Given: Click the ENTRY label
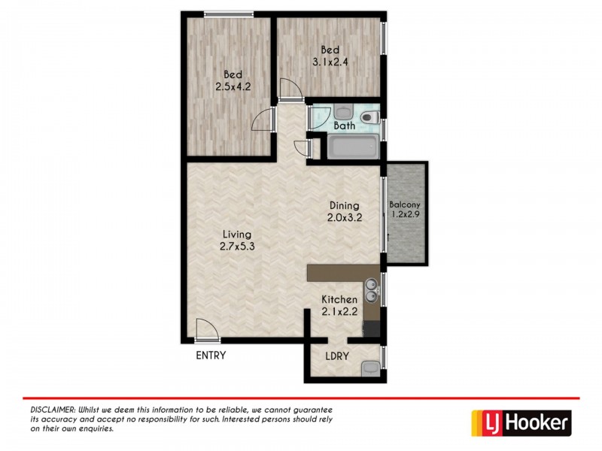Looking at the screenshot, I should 210,356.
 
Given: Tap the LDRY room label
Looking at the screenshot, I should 337,356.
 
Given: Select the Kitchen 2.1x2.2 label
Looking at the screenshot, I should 339,305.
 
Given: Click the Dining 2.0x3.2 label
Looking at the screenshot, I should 343,212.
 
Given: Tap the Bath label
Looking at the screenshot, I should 344,126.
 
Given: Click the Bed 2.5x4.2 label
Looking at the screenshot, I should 233,80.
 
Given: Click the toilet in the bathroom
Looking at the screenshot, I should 369,117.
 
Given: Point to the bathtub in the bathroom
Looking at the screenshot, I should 352,147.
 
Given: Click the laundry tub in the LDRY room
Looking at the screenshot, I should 369,368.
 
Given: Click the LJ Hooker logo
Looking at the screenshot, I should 521,423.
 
